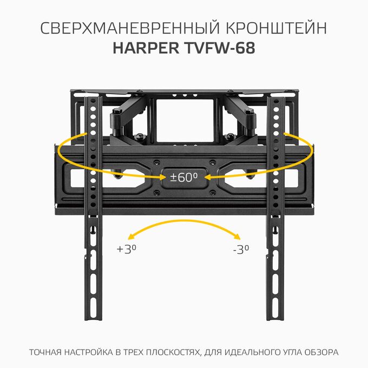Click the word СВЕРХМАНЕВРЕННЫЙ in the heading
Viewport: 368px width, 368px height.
click(x=130, y=28)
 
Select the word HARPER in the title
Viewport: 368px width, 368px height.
click(x=146, y=48)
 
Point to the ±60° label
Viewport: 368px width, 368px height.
click(x=184, y=178)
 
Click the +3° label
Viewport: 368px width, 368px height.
click(x=127, y=249)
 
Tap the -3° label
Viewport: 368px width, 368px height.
click(x=241, y=249)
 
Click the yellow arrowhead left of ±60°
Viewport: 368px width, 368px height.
click(x=163, y=177)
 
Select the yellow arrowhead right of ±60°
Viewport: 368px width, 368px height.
click(x=208, y=178)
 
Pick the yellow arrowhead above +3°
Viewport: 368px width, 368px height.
click(x=132, y=236)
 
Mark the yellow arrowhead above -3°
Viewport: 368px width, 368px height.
click(x=236, y=236)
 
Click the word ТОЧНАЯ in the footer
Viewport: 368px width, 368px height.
click(x=45, y=352)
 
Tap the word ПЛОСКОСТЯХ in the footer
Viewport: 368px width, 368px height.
click(x=173, y=352)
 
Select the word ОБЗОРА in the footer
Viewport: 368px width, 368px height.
click(x=322, y=352)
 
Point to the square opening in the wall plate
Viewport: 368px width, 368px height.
click(x=185, y=120)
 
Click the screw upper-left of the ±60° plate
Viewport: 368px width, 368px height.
click(x=156, y=162)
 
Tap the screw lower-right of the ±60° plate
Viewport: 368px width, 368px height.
click(x=213, y=193)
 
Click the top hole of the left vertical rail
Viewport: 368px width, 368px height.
click(x=93, y=101)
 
